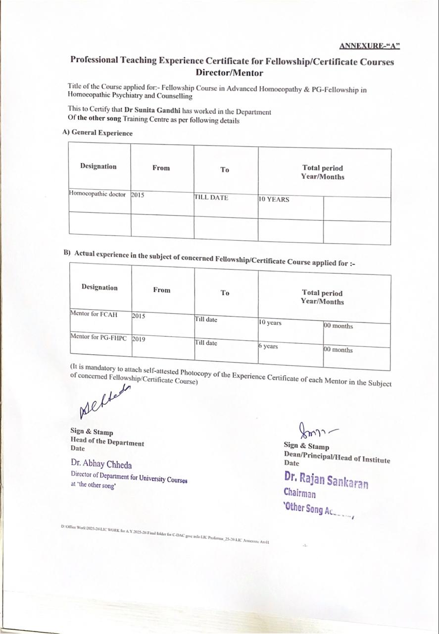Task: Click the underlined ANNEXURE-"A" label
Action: click(x=369, y=46)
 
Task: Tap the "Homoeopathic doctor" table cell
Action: click(x=98, y=194)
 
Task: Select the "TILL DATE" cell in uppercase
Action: click(x=211, y=198)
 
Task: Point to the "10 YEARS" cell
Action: click(x=274, y=200)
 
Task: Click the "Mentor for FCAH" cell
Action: click(x=94, y=314)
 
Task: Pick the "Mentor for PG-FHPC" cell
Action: click(x=98, y=337)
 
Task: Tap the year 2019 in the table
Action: click(x=139, y=339)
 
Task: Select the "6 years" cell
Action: click(x=268, y=346)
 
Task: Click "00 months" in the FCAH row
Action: click(x=339, y=326)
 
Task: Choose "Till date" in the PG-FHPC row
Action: click(x=206, y=343)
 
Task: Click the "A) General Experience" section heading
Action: click(x=98, y=133)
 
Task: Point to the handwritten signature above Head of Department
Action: click(x=104, y=403)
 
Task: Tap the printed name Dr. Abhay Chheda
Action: click(x=101, y=465)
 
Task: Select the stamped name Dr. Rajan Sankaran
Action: click(x=326, y=479)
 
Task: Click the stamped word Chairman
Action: click(x=299, y=493)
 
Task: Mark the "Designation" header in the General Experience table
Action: click(x=98, y=166)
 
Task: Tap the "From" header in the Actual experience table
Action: click(x=161, y=290)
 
